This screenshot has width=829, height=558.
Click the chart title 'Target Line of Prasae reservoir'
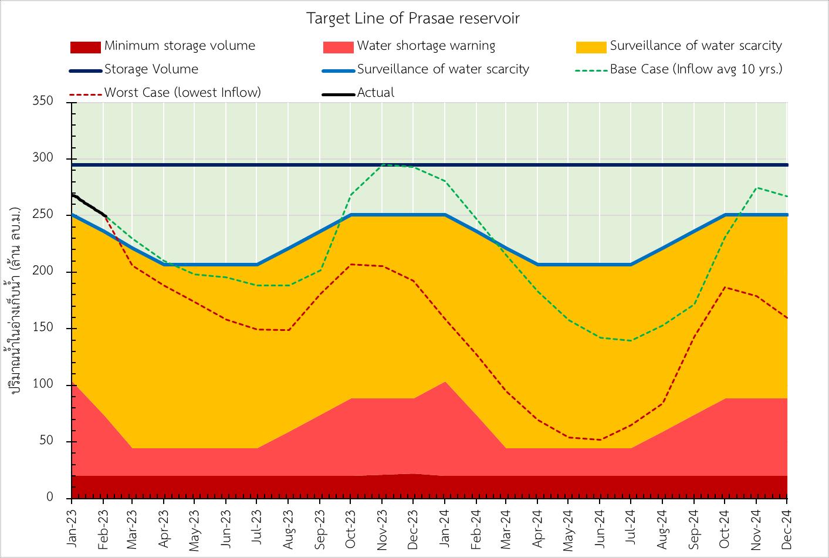(x=413, y=18)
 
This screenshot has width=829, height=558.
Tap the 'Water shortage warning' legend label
(x=426, y=46)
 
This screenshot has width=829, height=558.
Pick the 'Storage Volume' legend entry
(x=151, y=69)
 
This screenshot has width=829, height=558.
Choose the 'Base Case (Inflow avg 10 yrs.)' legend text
(x=696, y=69)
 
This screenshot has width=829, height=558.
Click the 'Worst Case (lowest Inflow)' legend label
(x=182, y=93)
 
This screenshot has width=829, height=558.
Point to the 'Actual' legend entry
(x=375, y=93)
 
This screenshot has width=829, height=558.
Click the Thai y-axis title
(x=16, y=299)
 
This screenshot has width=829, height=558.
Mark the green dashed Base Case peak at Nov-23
(x=383, y=165)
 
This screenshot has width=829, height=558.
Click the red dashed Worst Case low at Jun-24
(x=600, y=439)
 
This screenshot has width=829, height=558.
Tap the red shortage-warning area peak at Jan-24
(x=445, y=383)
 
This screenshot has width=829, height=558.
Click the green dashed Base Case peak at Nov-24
(x=756, y=188)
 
